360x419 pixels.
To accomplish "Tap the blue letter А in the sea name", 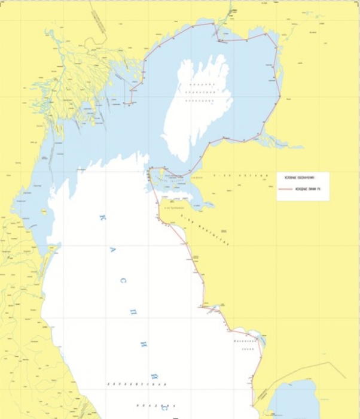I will pyautogui.click(x=112, y=254).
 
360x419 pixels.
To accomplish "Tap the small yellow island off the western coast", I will pyautogui.click(x=44, y=211).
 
